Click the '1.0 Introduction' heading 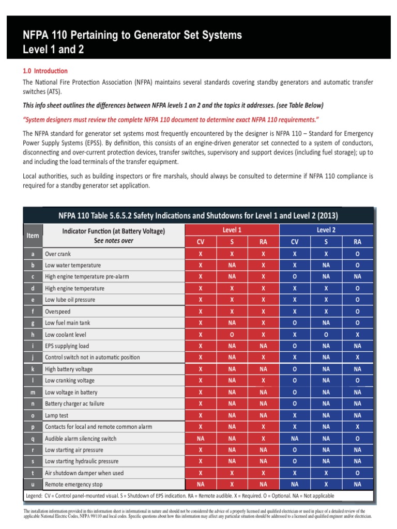[x=45, y=71]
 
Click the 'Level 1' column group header [x=232, y=230]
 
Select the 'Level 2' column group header [x=326, y=230]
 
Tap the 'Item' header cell [x=33, y=236]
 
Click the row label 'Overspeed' [x=58, y=312]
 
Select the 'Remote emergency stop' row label [x=73, y=485]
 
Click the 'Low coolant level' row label [x=66, y=335]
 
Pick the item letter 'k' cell [x=33, y=369]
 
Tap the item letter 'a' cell [x=33, y=254]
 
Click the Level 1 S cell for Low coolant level [x=232, y=335]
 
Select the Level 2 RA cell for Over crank [x=357, y=254]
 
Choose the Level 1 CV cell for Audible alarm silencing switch [x=201, y=439]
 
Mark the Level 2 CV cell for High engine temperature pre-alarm [x=295, y=277]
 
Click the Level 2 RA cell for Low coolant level [x=357, y=335]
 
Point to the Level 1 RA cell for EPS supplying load [x=263, y=346]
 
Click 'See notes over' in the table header [x=113, y=241]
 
